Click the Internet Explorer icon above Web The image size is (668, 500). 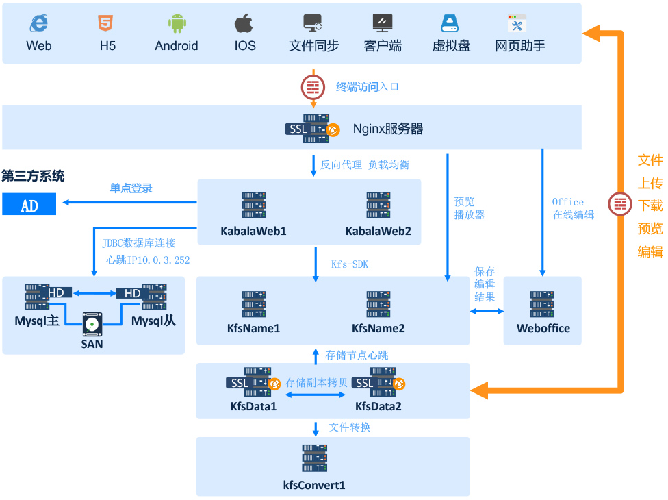39,23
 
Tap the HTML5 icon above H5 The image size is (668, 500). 105,23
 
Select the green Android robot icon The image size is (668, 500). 177,23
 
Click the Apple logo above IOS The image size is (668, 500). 244,23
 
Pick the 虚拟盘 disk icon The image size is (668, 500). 450,23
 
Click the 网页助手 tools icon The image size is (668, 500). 517,23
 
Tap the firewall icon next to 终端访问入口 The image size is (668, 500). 313,88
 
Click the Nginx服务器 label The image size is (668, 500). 387,129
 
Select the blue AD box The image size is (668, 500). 29,204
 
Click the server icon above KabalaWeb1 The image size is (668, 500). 254,205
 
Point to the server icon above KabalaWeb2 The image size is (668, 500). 378,205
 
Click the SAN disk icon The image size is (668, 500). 92,325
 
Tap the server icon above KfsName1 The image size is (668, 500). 254,304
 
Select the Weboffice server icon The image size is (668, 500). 542,304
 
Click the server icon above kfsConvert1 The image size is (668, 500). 314,458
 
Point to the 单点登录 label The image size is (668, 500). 131,188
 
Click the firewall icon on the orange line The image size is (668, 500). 620,204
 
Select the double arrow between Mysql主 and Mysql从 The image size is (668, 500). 94,293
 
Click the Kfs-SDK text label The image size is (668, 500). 350,264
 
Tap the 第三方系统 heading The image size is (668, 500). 33,175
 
